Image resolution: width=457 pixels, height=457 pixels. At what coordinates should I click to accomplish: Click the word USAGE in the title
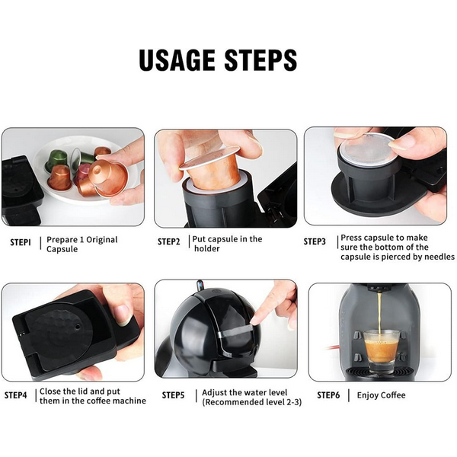point(177,60)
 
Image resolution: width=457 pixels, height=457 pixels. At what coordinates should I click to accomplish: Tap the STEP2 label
point(169,241)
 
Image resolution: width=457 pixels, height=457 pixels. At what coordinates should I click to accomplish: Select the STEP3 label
point(315,241)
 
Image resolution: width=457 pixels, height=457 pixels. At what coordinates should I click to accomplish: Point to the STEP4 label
point(15,395)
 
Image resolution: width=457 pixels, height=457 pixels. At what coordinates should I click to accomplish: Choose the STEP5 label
point(173,395)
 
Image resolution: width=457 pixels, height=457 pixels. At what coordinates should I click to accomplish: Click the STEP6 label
point(328,395)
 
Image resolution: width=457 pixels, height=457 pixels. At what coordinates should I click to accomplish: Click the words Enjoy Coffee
point(382,395)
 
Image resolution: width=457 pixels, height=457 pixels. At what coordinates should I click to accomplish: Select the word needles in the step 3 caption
point(439,257)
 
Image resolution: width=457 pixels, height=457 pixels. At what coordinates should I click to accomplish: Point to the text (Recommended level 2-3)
point(252,402)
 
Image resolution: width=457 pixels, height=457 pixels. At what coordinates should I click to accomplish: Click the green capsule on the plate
point(57,159)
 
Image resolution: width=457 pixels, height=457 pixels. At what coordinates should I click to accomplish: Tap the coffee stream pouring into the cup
point(380,313)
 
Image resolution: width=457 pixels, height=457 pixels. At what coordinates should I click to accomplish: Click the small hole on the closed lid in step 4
point(78,327)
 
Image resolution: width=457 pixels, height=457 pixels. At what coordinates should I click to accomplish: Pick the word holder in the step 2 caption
point(207,248)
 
